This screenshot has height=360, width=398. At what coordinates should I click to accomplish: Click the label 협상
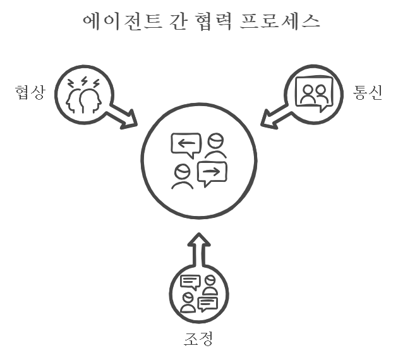click(x=30, y=93)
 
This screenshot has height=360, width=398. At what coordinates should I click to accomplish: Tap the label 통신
click(x=368, y=93)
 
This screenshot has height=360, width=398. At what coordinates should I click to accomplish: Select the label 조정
click(x=198, y=339)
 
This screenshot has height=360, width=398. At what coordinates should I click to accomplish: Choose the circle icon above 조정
click(x=198, y=294)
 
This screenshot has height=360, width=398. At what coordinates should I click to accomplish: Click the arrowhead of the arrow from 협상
click(x=130, y=118)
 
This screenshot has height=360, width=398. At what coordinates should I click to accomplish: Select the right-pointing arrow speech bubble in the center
click(x=212, y=172)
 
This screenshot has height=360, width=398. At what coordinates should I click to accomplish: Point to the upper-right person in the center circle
click(x=215, y=146)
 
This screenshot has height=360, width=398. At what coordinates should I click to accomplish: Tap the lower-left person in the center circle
click(x=183, y=176)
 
